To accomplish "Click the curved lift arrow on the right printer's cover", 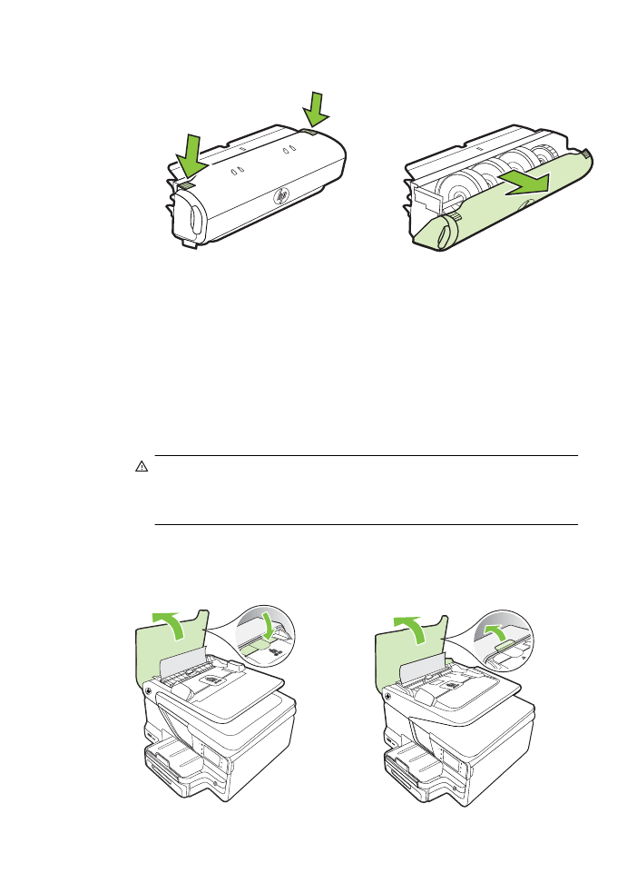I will coord(414,624).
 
